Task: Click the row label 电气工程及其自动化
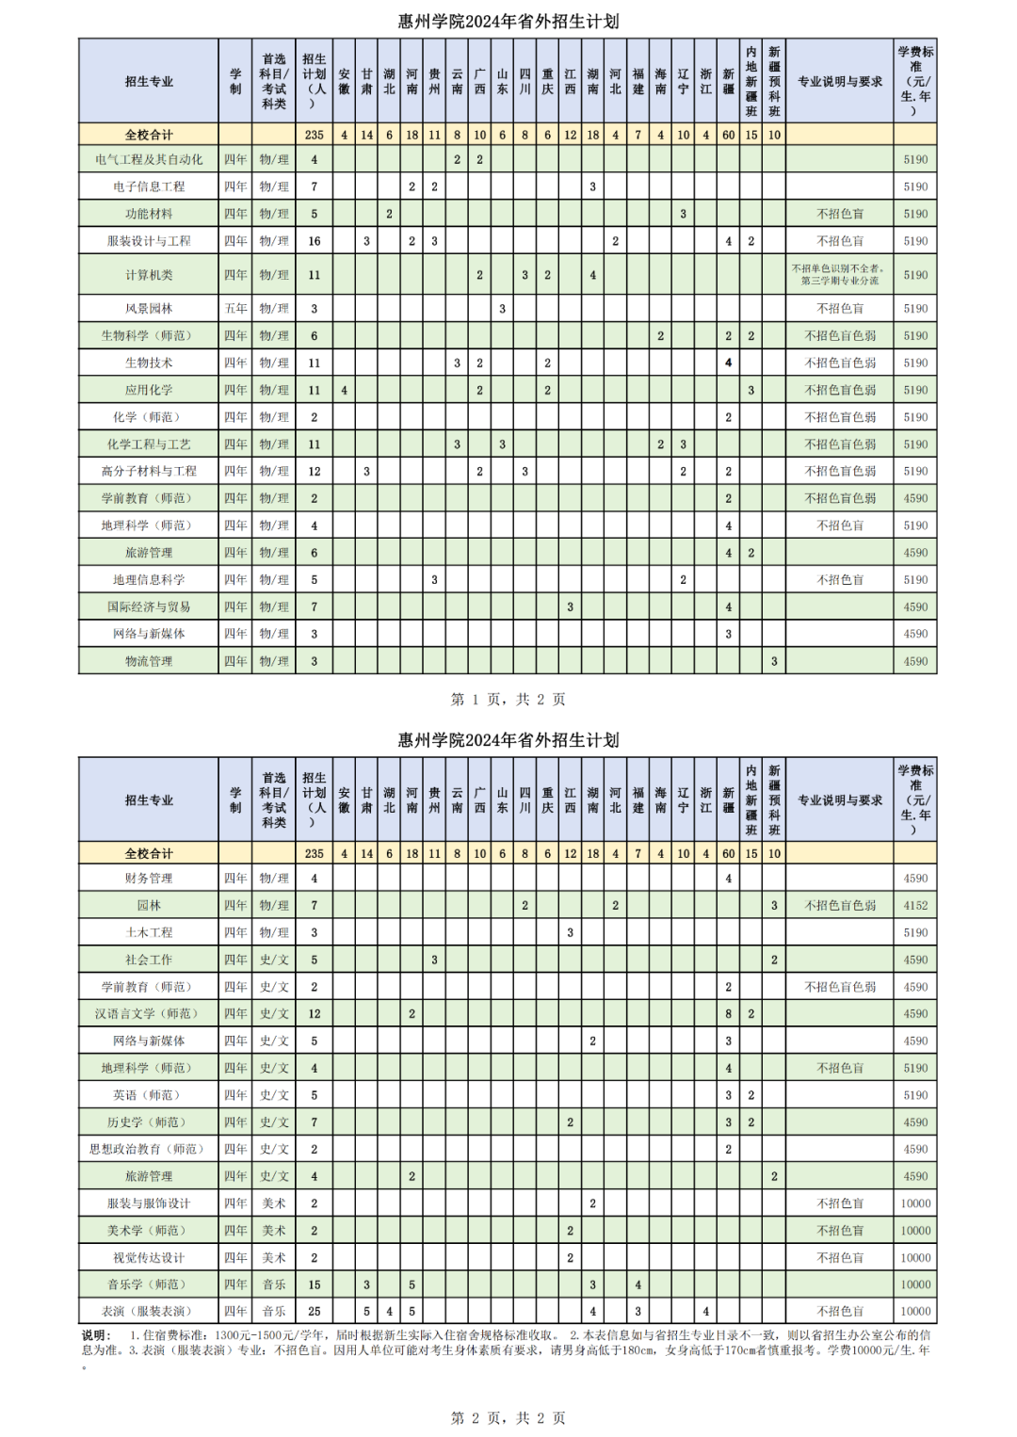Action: pyautogui.click(x=149, y=160)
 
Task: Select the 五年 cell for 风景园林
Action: pyautogui.click(x=235, y=309)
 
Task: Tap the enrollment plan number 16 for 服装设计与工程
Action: pyautogui.click(x=315, y=241)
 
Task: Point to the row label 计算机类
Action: pyautogui.click(x=149, y=275)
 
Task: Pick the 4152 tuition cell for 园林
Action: pyautogui.click(x=915, y=906)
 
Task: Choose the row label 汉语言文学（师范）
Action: pyautogui.click(x=149, y=1014)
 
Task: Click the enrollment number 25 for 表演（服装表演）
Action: pyautogui.click(x=315, y=1312)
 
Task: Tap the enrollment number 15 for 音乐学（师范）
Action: pyautogui.click(x=315, y=1284)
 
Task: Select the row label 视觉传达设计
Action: pyautogui.click(x=149, y=1258)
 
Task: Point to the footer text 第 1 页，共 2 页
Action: pyautogui.click(x=508, y=700)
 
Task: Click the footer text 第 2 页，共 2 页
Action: pyautogui.click(x=508, y=1418)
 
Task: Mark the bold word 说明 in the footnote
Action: pyautogui.click(x=95, y=1335)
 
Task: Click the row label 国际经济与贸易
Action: pyautogui.click(x=149, y=607)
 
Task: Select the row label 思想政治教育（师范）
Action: pyautogui.click(x=149, y=1150)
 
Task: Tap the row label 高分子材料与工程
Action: pyautogui.click(x=149, y=472)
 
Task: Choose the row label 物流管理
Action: pyautogui.click(x=149, y=662)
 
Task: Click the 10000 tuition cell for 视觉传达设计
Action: pyautogui.click(x=915, y=1258)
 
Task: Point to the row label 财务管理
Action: pyautogui.click(x=149, y=879)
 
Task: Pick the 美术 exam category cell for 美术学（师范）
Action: pyautogui.click(x=274, y=1231)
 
